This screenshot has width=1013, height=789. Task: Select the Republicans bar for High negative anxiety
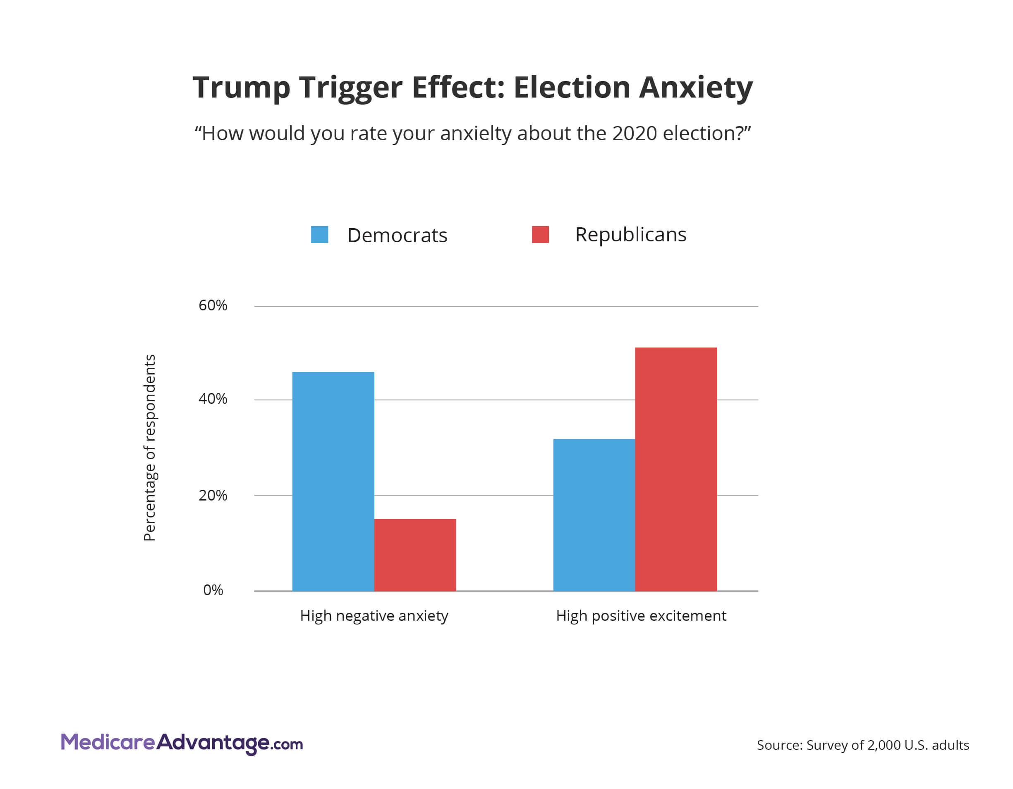[415, 555]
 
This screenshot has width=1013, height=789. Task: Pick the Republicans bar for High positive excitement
[676, 469]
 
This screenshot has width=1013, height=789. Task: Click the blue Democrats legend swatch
[320, 235]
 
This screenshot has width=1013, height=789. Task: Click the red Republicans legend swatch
[540, 235]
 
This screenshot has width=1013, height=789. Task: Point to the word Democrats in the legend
[397, 236]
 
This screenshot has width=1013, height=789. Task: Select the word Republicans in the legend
[630, 235]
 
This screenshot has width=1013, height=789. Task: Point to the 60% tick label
[213, 305]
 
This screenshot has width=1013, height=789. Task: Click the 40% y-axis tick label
[213, 399]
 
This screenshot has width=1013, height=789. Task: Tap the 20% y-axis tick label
[213, 496]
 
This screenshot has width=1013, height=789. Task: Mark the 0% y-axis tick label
[213, 590]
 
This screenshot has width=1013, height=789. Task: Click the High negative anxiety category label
[374, 616]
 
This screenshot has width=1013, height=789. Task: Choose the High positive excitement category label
[641, 616]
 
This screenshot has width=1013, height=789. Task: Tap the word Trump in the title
[241, 87]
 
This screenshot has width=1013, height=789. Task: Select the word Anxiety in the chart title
[695, 87]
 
